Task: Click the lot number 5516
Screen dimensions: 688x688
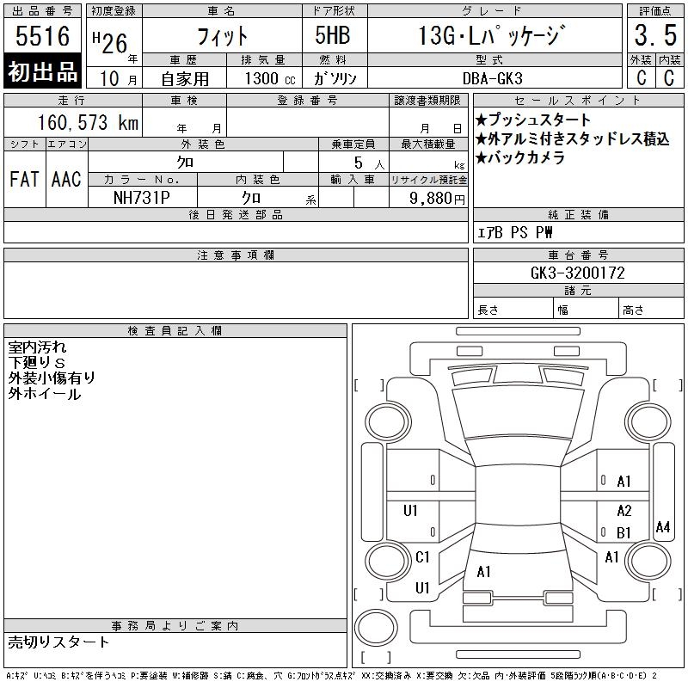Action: point(42,36)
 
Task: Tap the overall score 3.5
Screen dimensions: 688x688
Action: point(655,35)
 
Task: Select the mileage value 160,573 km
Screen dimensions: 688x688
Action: point(88,122)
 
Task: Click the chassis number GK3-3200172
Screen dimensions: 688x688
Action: point(577,273)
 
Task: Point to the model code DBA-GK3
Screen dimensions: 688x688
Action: point(493,78)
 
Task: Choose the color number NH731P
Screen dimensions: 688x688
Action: point(142,198)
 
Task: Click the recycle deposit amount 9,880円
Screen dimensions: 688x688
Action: point(437,199)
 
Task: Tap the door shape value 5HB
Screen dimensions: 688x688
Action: point(333,35)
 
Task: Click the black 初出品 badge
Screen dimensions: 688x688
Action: point(42,71)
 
